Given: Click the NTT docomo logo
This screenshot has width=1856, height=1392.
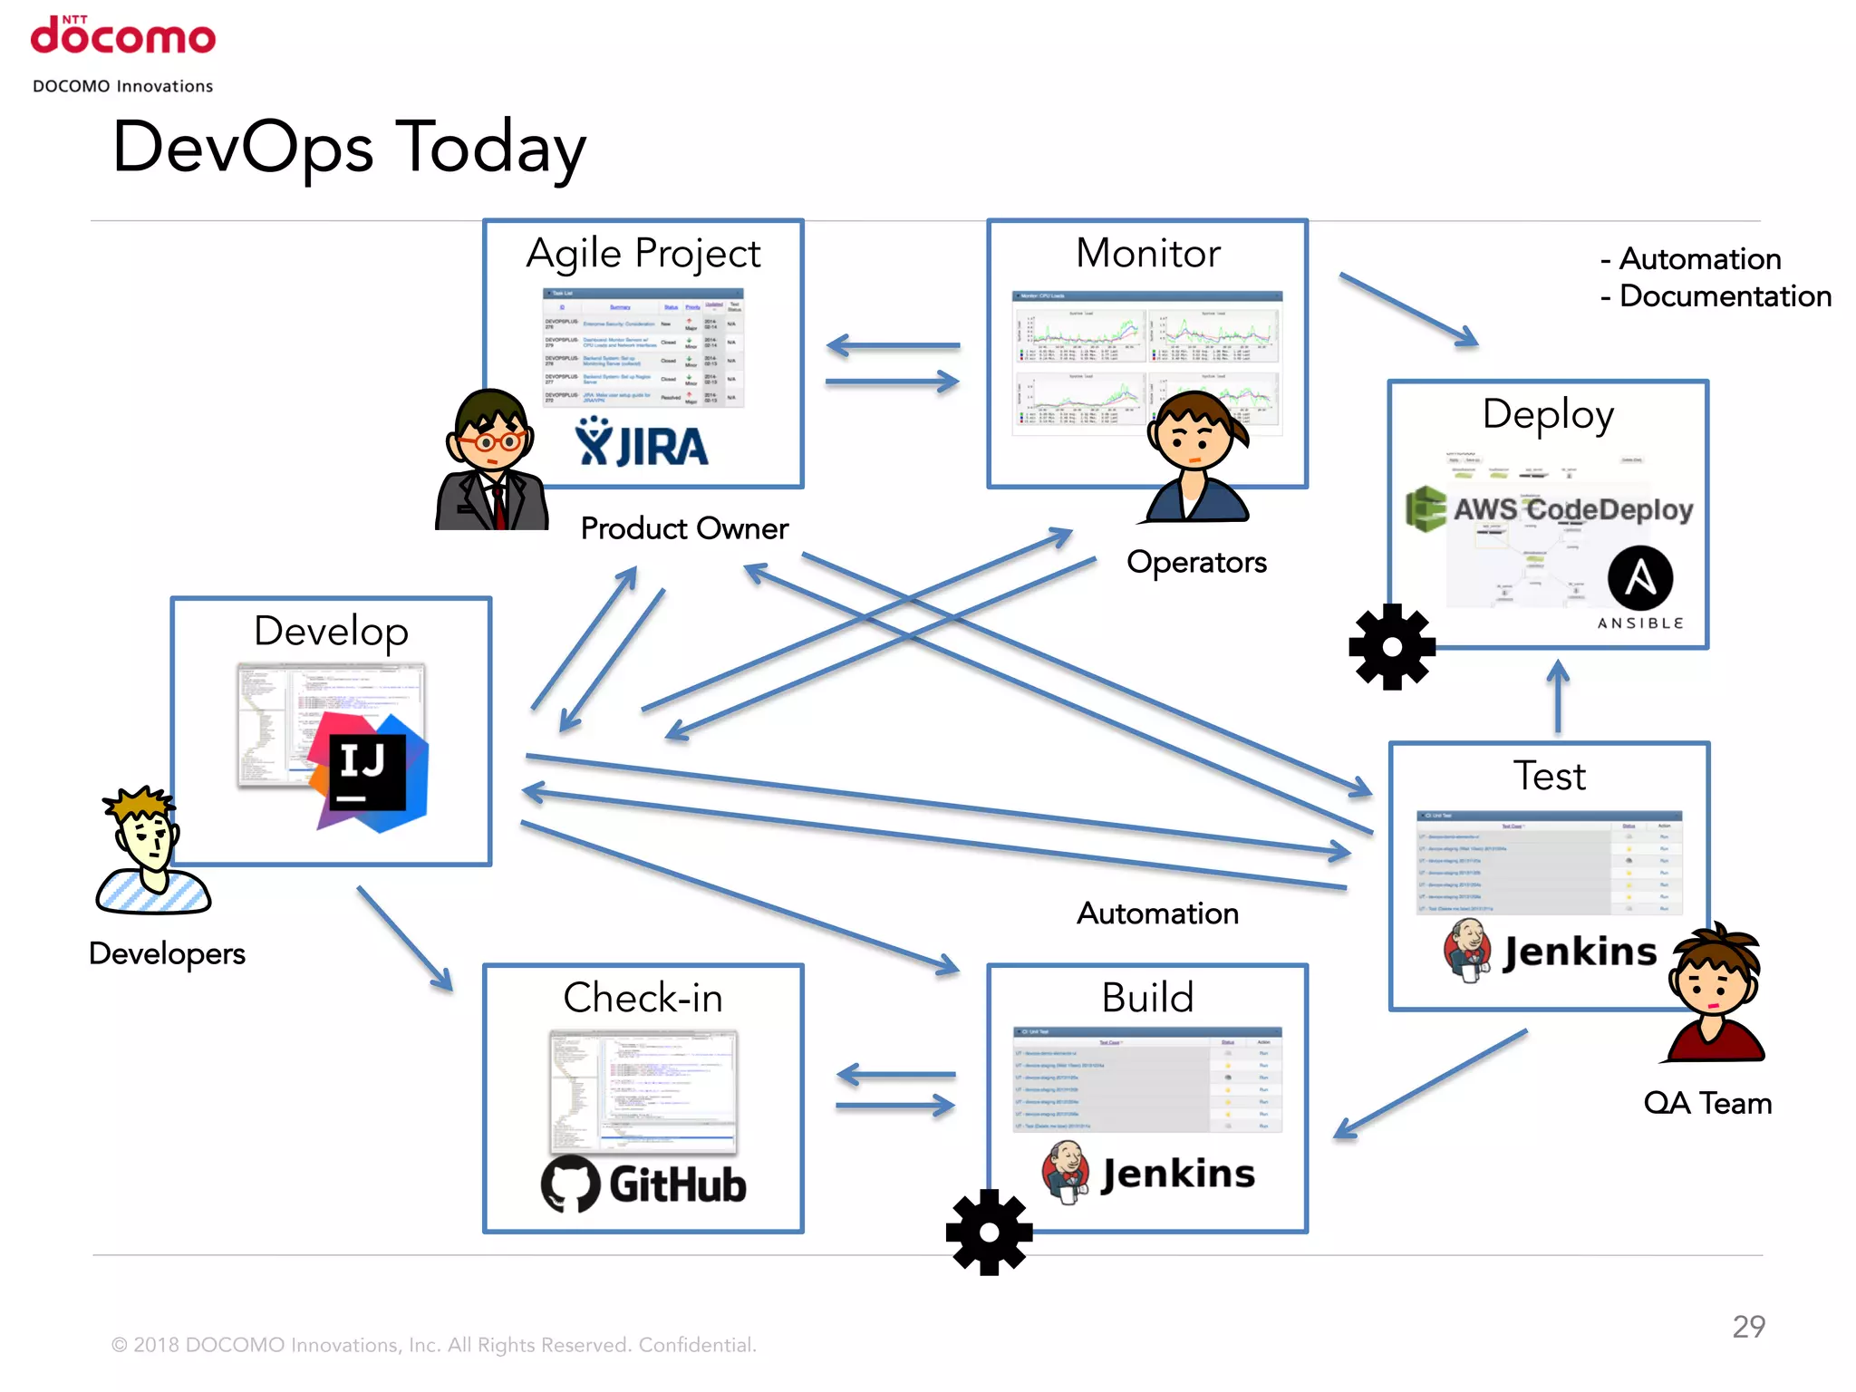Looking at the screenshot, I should [x=123, y=36].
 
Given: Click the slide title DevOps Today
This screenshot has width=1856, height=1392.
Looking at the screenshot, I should [x=349, y=148].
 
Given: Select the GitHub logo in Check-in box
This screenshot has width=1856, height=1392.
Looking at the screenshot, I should [x=643, y=1184].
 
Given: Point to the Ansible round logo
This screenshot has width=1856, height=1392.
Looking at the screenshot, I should [x=1639, y=578].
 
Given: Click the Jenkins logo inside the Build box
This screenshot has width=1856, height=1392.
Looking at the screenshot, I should [x=1149, y=1173].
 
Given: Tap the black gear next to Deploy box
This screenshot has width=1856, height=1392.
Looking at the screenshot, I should [x=1392, y=647].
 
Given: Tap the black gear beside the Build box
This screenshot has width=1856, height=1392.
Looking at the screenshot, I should [x=989, y=1232].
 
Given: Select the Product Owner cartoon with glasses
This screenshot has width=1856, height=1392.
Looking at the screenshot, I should [x=491, y=460].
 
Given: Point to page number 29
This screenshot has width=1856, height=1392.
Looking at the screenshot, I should [x=1748, y=1327].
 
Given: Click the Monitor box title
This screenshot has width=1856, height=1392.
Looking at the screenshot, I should [x=1147, y=253].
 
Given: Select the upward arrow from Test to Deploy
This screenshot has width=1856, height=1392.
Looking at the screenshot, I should [x=1558, y=696].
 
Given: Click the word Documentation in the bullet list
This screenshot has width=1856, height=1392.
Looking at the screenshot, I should [x=1725, y=296].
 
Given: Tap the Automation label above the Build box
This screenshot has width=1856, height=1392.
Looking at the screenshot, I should [x=1157, y=913].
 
